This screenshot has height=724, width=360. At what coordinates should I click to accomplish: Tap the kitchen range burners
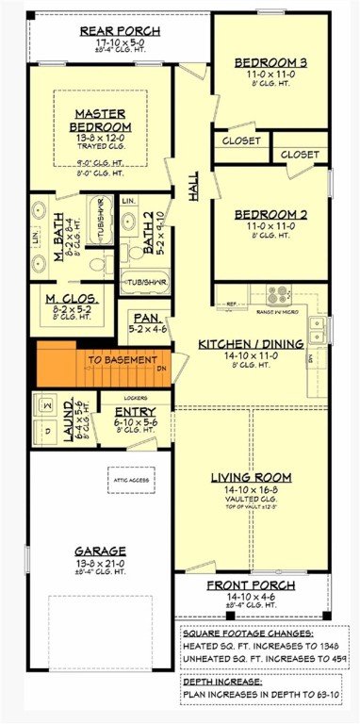(279, 295)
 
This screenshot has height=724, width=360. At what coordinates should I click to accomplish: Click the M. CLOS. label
(66, 299)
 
